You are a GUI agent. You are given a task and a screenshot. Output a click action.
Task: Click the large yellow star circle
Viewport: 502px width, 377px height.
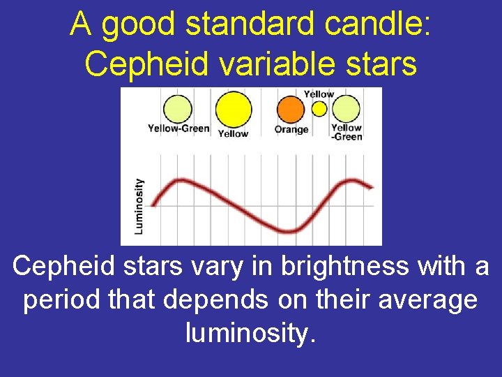click(233, 110)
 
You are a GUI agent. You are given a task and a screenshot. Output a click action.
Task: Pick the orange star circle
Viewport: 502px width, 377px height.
click(291, 110)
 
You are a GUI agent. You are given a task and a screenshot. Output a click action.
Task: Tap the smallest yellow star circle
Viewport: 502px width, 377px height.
click(319, 109)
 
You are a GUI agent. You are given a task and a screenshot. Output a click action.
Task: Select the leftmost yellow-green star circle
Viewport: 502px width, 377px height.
click(177, 109)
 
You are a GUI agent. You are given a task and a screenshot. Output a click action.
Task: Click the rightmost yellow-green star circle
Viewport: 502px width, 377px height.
click(345, 109)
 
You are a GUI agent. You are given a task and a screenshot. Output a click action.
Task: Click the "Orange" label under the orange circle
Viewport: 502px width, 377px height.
click(291, 130)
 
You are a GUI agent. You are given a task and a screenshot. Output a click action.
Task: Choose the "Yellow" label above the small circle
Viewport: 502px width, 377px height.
click(319, 94)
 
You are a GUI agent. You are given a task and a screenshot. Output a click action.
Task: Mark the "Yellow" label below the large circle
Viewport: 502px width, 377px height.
click(233, 133)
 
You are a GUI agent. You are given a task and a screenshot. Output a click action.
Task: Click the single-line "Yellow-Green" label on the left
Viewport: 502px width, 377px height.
click(178, 128)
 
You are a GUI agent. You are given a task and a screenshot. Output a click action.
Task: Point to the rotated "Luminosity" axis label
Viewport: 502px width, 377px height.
click(139, 205)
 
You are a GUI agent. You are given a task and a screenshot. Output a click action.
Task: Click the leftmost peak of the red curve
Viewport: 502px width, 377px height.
click(179, 182)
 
